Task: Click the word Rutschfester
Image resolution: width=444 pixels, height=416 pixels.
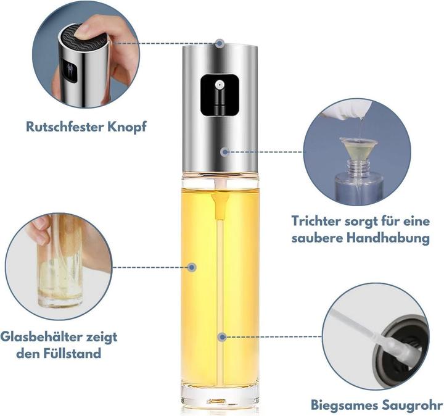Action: (x=65, y=127)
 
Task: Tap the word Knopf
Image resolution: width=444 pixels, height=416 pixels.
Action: (x=127, y=127)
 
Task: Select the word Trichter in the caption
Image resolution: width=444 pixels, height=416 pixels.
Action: (x=316, y=221)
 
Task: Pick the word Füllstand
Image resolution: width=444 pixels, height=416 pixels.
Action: (x=72, y=354)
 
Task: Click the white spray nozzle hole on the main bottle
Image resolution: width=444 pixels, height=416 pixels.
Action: (x=218, y=85)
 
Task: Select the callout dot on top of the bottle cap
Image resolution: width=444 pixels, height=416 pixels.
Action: (x=220, y=44)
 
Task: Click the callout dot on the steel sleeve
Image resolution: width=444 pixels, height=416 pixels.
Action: (x=225, y=152)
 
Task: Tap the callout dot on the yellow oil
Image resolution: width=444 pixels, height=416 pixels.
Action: (x=192, y=267)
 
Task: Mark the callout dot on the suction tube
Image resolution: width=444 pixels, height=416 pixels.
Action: (x=222, y=337)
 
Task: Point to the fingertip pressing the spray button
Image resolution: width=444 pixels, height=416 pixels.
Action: (x=86, y=30)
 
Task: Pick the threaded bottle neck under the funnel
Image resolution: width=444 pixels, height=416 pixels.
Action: (x=359, y=167)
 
